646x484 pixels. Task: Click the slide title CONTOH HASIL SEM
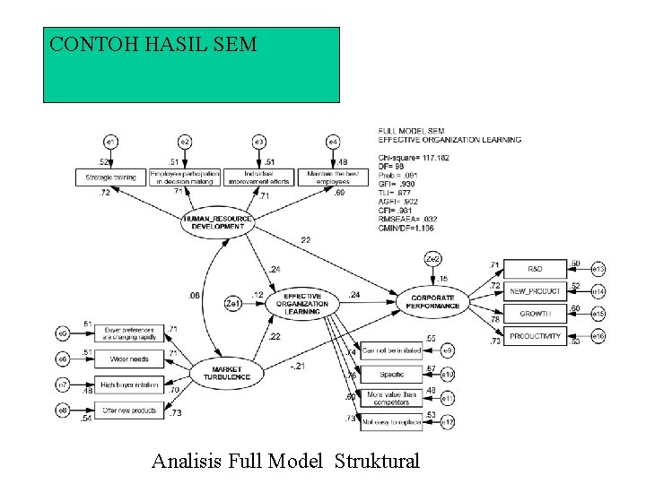(x=153, y=44)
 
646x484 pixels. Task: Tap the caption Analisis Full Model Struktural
(x=285, y=462)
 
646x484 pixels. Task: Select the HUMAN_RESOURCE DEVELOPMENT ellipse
(x=217, y=222)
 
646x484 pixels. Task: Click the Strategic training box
(x=111, y=177)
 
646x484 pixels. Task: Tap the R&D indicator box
(x=535, y=268)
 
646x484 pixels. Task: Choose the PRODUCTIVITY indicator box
(x=535, y=336)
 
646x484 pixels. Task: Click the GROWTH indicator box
(x=535, y=314)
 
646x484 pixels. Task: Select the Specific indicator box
(x=391, y=373)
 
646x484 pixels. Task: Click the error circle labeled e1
(x=111, y=142)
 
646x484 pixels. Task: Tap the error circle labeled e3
(x=259, y=142)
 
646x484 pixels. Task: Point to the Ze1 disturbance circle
(x=233, y=304)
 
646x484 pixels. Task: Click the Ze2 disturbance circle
(x=433, y=259)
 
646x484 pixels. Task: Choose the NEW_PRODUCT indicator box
(x=535, y=291)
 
